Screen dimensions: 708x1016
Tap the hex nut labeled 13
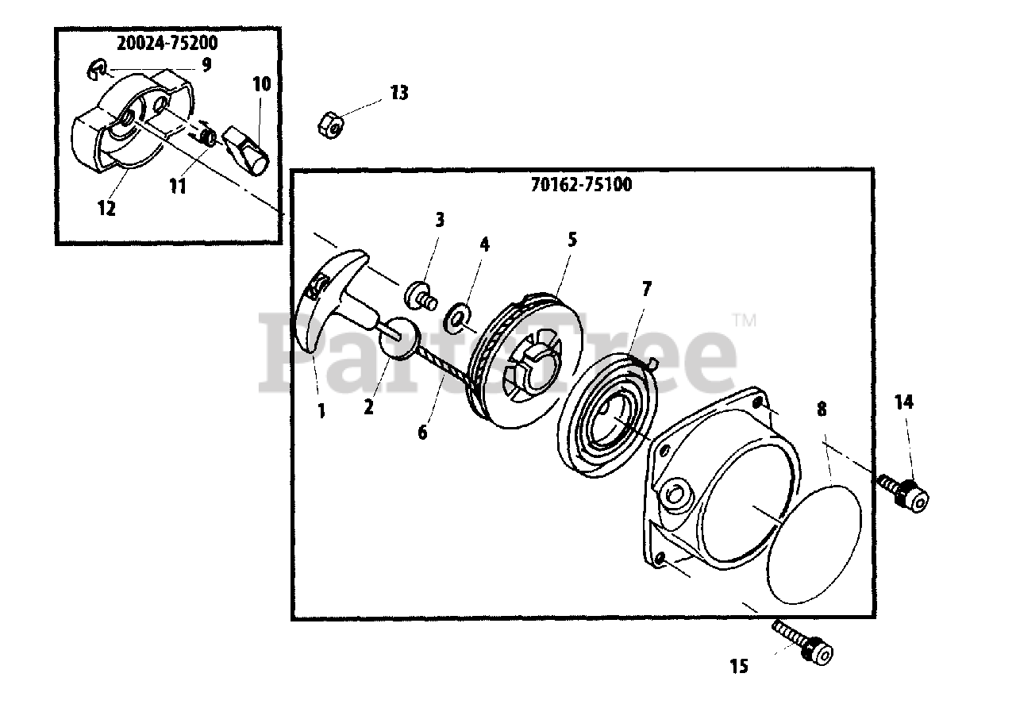pyautogui.click(x=329, y=123)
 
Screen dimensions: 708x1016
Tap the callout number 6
pyautogui.click(x=422, y=433)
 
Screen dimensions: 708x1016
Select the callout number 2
pyautogui.click(x=368, y=407)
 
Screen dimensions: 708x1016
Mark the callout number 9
pyautogui.click(x=206, y=65)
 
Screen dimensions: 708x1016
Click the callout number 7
pyautogui.click(x=646, y=289)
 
